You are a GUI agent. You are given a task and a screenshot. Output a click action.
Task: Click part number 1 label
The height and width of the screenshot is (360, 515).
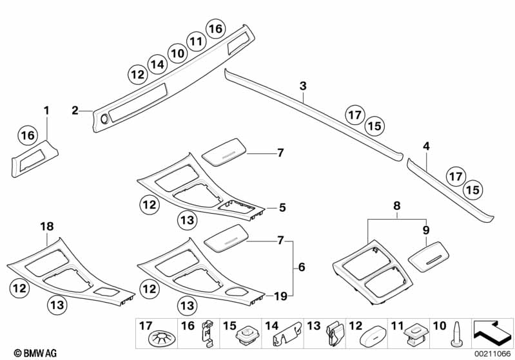(x=46, y=111)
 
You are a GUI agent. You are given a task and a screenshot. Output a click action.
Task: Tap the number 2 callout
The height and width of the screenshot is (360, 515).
(x=75, y=111)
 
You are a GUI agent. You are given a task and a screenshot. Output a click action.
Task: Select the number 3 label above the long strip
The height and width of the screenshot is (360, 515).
(x=303, y=86)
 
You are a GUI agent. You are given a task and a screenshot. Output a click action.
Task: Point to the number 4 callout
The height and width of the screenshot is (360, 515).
(x=426, y=147)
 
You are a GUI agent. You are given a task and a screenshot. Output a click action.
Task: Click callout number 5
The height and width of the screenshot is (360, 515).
(x=282, y=208)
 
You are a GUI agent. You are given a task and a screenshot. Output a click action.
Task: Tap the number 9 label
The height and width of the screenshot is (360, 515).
(x=425, y=229)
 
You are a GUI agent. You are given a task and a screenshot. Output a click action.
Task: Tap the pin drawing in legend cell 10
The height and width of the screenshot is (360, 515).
(x=456, y=334)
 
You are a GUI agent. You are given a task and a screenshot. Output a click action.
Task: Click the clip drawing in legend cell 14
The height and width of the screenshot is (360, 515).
(x=288, y=336)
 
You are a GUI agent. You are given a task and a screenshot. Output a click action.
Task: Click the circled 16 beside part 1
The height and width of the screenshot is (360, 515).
(x=28, y=135)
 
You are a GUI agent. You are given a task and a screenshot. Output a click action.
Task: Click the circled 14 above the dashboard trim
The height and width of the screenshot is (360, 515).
(x=157, y=64)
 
